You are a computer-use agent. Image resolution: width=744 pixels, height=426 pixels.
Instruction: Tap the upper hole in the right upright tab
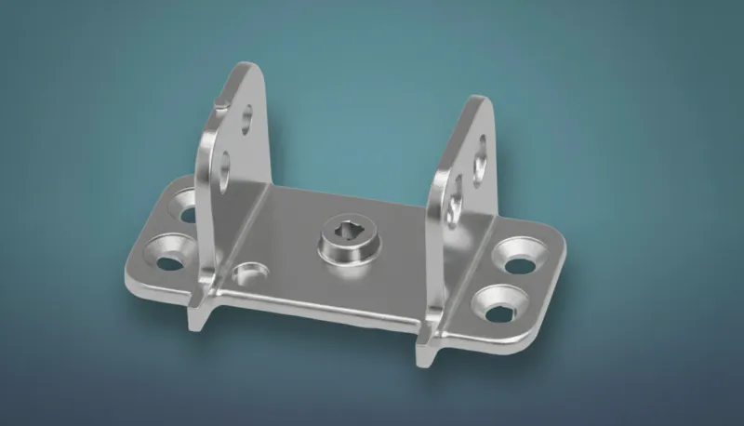(x=480, y=148)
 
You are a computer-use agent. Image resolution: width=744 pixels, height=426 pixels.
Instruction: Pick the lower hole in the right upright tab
(x=454, y=206)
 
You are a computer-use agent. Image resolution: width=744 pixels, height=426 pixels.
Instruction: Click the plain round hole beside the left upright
(x=248, y=273)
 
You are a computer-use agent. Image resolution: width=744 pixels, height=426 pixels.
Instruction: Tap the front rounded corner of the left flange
(x=131, y=277)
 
